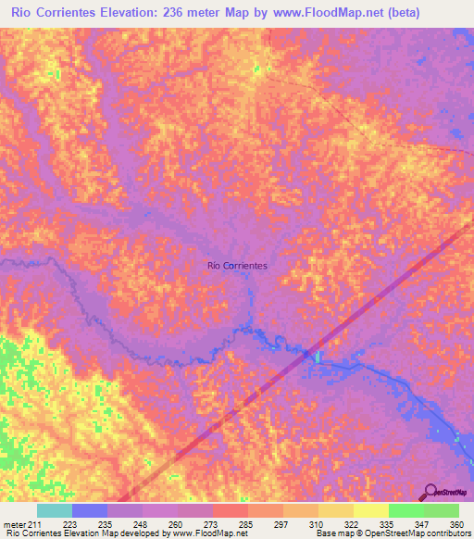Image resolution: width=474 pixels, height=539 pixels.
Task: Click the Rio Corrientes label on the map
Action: tap(238, 266)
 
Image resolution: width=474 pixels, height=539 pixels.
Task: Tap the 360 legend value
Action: tap(456, 525)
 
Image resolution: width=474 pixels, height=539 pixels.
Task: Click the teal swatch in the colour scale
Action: tap(54, 510)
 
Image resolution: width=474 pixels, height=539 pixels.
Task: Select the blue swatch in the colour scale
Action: tap(89, 510)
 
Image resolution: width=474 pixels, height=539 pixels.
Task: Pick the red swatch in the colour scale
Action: tap(230, 510)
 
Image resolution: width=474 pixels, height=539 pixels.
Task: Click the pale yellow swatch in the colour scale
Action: tap(370, 510)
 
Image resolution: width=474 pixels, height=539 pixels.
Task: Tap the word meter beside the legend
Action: tap(14, 525)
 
